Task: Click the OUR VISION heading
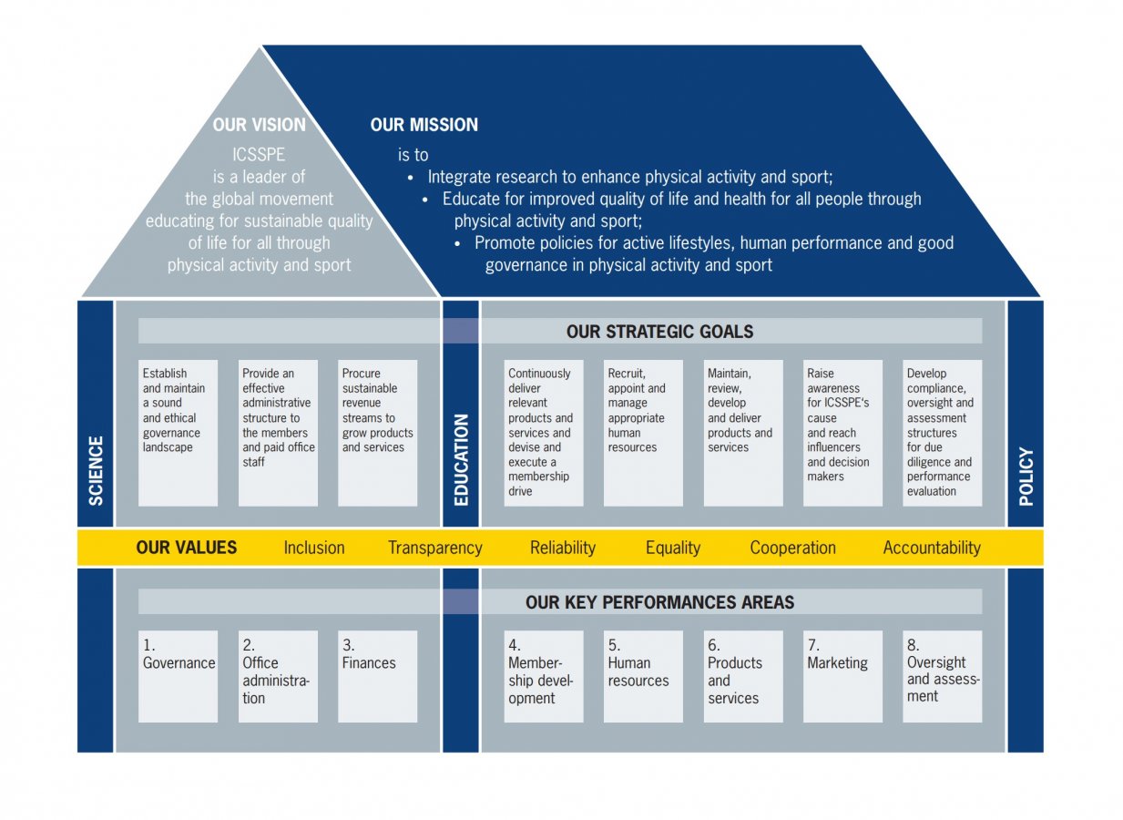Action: pyautogui.click(x=260, y=125)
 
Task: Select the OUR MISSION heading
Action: pyautogui.click(x=424, y=125)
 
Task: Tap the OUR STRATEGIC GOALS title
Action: pyautogui.click(x=659, y=332)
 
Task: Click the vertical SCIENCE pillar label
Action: pyautogui.click(x=96, y=470)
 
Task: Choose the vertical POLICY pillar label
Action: pyautogui.click(x=1026, y=476)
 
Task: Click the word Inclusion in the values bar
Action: pyautogui.click(x=314, y=548)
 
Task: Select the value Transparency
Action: pyautogui.click(x=434, y=548)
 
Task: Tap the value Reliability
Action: pyautogui.click(x=563, y=548)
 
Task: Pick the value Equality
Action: pyautogui.click(x=673, y=548)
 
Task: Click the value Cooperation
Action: pyautogui.click(x=792, y=548)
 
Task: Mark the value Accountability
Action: pyautogui.click(x=932, y=548)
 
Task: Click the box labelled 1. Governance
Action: pyautogui.click(x=179, y=676)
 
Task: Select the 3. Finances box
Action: pyautogui.click(x=378, y=676)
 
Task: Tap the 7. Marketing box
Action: pyautogui.click(x=842, y=676)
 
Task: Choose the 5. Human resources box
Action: pyautogui.click(x=643, y=676)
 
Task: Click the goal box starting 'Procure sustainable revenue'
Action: pyautogui.click(x=378, y=433)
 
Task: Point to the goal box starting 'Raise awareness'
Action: pyautogui.click(x=842, y=433)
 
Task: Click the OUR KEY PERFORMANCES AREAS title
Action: pyautogui.click(x=659, y=602)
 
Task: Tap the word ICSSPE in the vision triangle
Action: pyautogui.click(x=260, y=155)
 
